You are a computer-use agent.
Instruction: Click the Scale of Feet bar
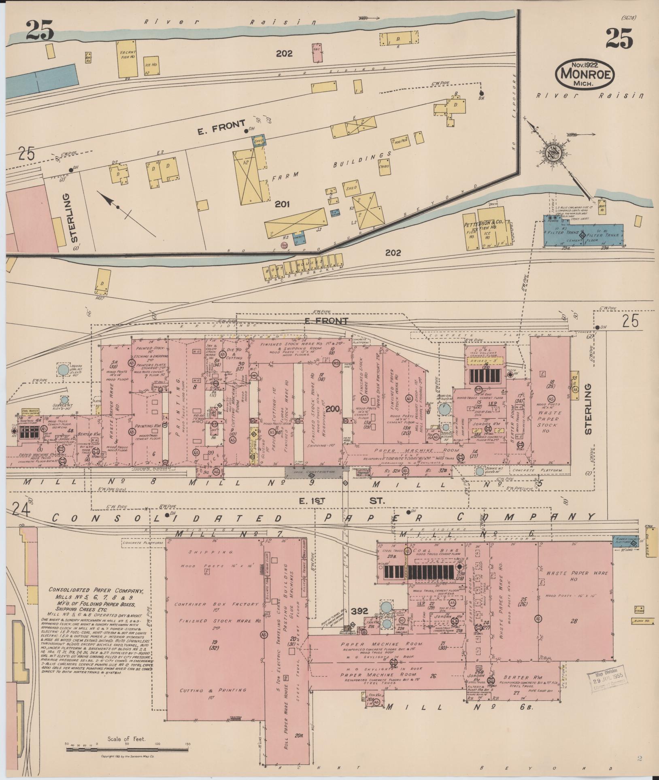coord(127,749)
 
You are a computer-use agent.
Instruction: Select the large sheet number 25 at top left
coord(40,30)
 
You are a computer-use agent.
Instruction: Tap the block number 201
coord(282,204)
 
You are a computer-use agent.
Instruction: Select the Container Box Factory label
coord(216,604)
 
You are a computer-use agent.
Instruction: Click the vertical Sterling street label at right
coord(588,409)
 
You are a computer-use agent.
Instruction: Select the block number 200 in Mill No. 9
coord(334,409)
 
